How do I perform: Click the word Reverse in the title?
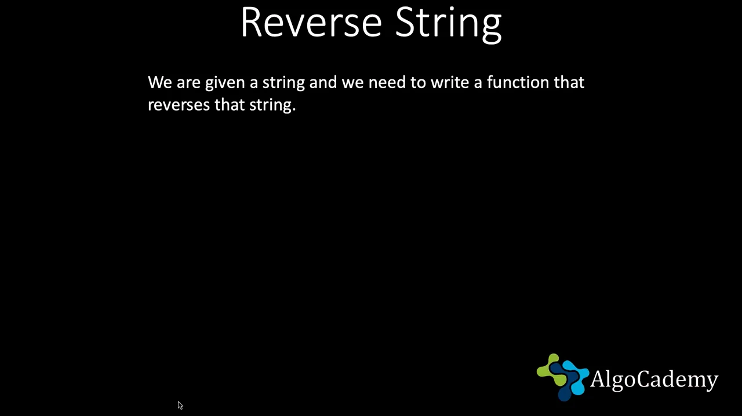tap(311, 23)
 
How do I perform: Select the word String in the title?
tap(449, 24)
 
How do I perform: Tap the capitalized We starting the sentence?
tap(159, 82)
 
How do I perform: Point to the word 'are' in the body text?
tap(188, 84)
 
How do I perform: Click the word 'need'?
tap(387, 82)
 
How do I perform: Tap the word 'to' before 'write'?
tap(418, 83)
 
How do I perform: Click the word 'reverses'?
tap(179, 106)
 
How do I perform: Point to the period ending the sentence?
tap(294, 110)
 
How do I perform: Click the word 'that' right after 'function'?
tap(569, 82)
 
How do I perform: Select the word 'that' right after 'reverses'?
tap(230, 105)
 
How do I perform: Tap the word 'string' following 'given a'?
tap(283, 83)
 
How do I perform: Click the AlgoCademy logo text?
tap(654, 379)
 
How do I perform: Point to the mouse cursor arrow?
tap(180, 406)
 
